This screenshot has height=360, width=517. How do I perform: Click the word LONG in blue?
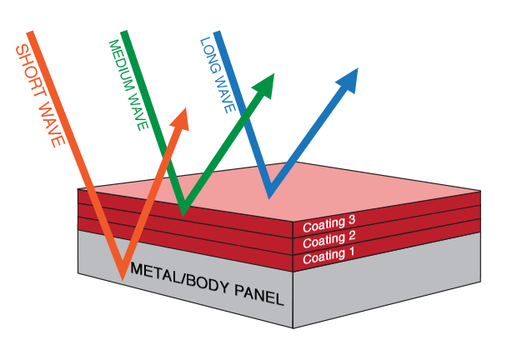[x=208, y=52]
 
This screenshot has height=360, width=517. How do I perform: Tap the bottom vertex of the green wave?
[x=183, y=212]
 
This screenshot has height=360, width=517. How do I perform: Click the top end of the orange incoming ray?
[x=31, y=33]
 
